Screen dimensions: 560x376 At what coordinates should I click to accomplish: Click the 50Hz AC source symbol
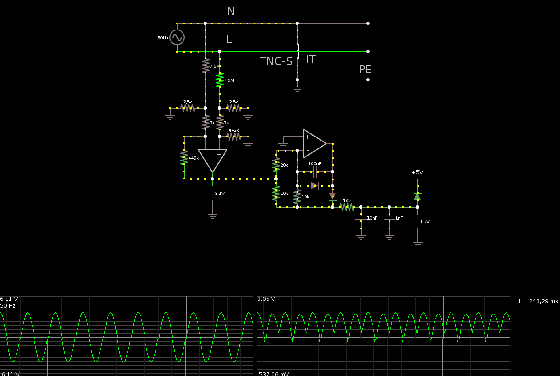177,38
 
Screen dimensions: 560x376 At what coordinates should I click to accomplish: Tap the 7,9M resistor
220,80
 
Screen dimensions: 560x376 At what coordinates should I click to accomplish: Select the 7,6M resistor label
214,66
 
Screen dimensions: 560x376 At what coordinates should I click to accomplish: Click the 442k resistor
234,137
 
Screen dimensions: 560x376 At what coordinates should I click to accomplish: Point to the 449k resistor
184,158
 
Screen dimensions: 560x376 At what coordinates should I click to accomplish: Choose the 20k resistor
276,165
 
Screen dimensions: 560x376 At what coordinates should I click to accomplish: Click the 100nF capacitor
315,172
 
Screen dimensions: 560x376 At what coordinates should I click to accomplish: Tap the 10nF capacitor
361,218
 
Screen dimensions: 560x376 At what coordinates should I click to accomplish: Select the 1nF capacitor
389,218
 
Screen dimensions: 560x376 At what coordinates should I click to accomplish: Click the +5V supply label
417,172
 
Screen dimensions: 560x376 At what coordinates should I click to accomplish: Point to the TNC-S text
276,61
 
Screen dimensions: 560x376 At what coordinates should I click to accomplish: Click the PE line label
365,70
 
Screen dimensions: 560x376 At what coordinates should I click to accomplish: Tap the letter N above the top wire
231,11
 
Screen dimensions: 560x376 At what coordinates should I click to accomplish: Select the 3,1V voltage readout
220,194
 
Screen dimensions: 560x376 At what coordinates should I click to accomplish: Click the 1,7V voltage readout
425,222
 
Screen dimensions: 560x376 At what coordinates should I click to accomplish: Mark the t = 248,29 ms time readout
538,301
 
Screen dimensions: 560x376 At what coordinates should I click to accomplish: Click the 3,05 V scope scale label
266,299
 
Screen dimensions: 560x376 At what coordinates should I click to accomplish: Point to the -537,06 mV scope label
273,374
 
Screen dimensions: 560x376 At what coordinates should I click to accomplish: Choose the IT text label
311,60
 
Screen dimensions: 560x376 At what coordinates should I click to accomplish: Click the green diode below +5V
417,196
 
